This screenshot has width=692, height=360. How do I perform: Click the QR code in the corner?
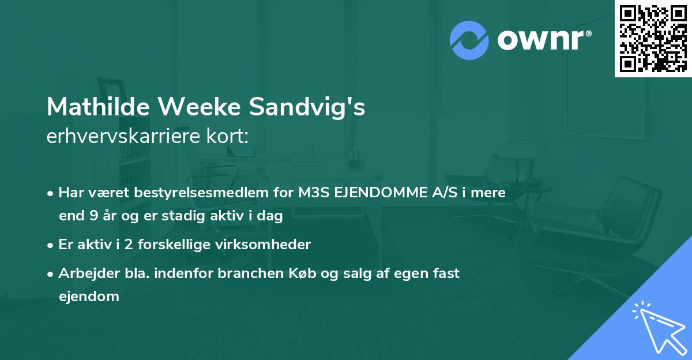[653, 38]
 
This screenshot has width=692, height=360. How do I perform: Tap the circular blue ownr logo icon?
[469, 40]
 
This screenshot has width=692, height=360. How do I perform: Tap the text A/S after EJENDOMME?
[441, 193]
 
